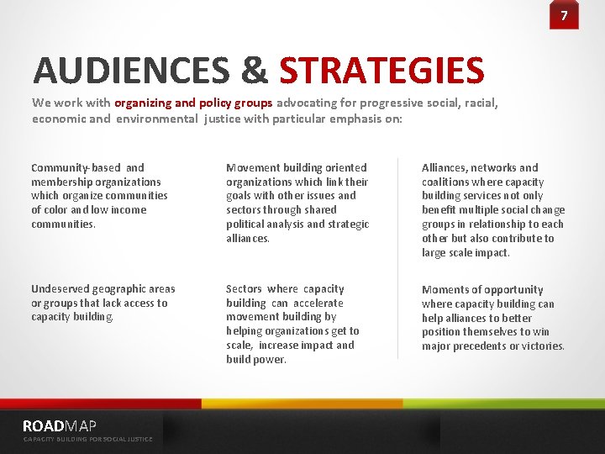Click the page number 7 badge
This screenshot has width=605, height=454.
point(564,16)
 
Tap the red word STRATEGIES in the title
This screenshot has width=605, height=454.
point(381,71)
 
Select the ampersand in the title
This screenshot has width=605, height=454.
point(254,71)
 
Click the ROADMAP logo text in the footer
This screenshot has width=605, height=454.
point(60,425)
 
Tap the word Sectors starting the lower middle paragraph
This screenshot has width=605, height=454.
point(244,289)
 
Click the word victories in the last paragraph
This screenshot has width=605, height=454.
point(543,346)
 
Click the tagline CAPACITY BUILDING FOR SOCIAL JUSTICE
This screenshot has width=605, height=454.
point(88,439)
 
